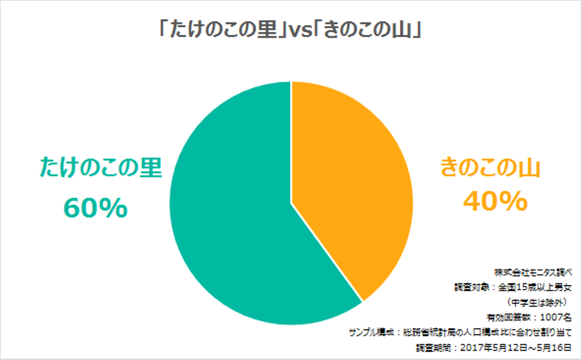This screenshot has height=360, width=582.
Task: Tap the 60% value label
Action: click(x=95, y=208)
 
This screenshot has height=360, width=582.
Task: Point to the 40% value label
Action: click(x=496, y=201)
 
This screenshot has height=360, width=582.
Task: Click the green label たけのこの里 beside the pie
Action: click(x=101, y=167)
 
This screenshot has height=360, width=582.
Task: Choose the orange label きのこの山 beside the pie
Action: click(x=490, y=167)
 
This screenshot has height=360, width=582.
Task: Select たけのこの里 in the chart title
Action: click(x=224, y=30)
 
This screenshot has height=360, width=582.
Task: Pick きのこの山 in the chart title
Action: click(x=367, y=30)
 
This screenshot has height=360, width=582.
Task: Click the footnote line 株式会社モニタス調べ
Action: click(x=533, y=273)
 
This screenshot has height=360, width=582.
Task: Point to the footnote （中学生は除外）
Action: click(x=538, y=302)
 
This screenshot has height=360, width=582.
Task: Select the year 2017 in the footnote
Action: click(x=470, y=347)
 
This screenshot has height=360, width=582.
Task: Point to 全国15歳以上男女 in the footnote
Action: click(x=535, y=287)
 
